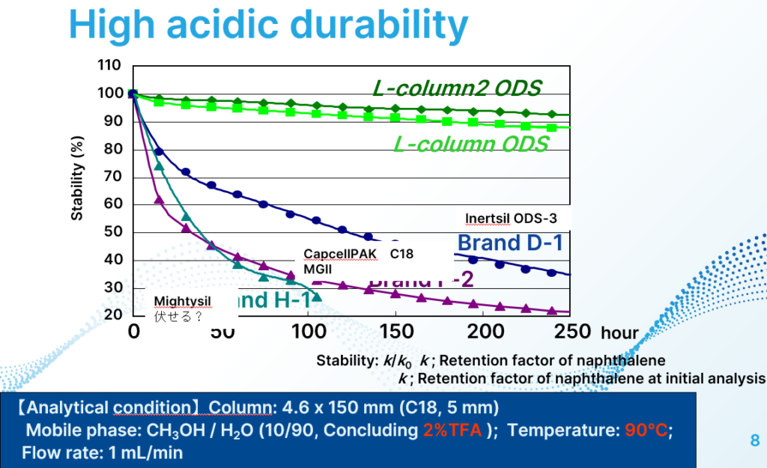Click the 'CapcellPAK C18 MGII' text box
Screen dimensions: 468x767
click(358, 261)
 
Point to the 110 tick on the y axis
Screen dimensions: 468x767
click(109, 66)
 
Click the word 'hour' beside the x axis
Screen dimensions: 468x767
click(619, 332)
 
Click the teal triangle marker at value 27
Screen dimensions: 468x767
click(316, 297)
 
